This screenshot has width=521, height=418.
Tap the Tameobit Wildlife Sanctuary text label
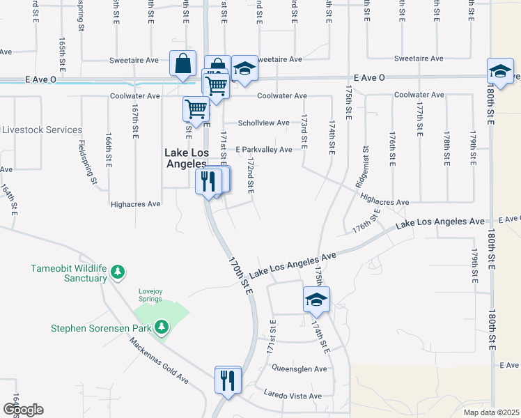click(68, 273)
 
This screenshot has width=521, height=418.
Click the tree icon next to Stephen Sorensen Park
click(162, 326)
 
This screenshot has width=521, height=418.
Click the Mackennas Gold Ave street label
click(158, 359)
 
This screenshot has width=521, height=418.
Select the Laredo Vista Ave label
click(293, 396)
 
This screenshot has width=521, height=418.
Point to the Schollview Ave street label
click(263, 123)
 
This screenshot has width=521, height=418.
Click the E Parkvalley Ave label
click(263, 149)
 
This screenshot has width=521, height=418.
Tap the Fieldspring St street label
click(93, 168)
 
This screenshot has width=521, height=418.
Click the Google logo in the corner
click(23, 410)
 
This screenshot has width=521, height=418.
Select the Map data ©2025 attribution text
click(492, 413)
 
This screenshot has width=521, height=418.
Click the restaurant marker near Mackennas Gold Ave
click(228, 380)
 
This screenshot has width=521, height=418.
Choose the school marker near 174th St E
click(316, 300)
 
